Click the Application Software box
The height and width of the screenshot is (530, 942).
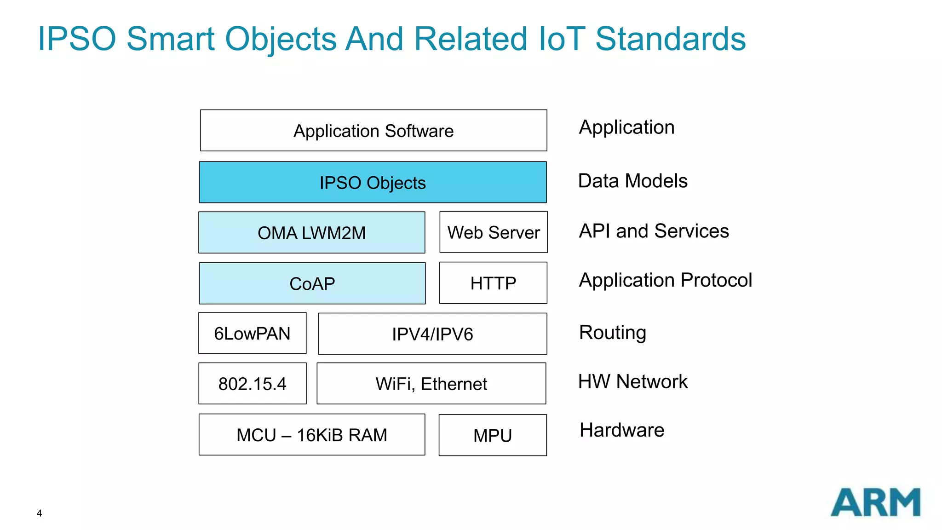pyautogui.click(x=373, y=131)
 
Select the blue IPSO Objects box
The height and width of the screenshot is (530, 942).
pyautogui.click(x=373, y=182)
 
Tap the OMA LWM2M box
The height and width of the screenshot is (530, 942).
pyautogui.click(x=311, y=232)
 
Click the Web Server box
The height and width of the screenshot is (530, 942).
pyautogui.click(x=494, y=232)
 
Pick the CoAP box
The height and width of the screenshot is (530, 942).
pyautogui.click(x=312, y=283)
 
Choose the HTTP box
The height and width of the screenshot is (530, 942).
pyautogui.click(x=493, y=283)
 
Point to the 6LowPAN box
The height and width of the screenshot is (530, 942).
pyautogui.click(x=252, y=333)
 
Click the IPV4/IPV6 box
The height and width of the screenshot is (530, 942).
pyautogui.click(x=432, y=334)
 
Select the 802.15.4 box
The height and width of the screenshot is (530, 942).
pyautogui.click(x=252, y=383)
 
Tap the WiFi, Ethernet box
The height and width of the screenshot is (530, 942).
pyautogui.click(x=431, y=383)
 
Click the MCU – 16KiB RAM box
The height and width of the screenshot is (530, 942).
pyautogui.click(x=311, y=435)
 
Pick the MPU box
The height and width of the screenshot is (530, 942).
pyautogui.click(x=493, y=435)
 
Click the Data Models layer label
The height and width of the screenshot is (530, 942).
pyautogui.click(x=632, y=181)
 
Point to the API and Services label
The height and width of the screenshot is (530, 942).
pyautogui.click(x=654, y=231)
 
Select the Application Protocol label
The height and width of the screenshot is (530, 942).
pyautogui.click(x=665, y=280)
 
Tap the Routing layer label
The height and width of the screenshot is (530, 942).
pyautogui.click(x=612, y=332)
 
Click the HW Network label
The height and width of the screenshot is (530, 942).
pyautogui.click(x=632, y=381)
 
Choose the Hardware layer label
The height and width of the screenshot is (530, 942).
pyautogui.click(x=622, y=430)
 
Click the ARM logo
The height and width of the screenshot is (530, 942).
pyautogui.click(x=875, y=502)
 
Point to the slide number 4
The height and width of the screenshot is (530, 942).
pyautogui.click(x=40, y=513)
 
